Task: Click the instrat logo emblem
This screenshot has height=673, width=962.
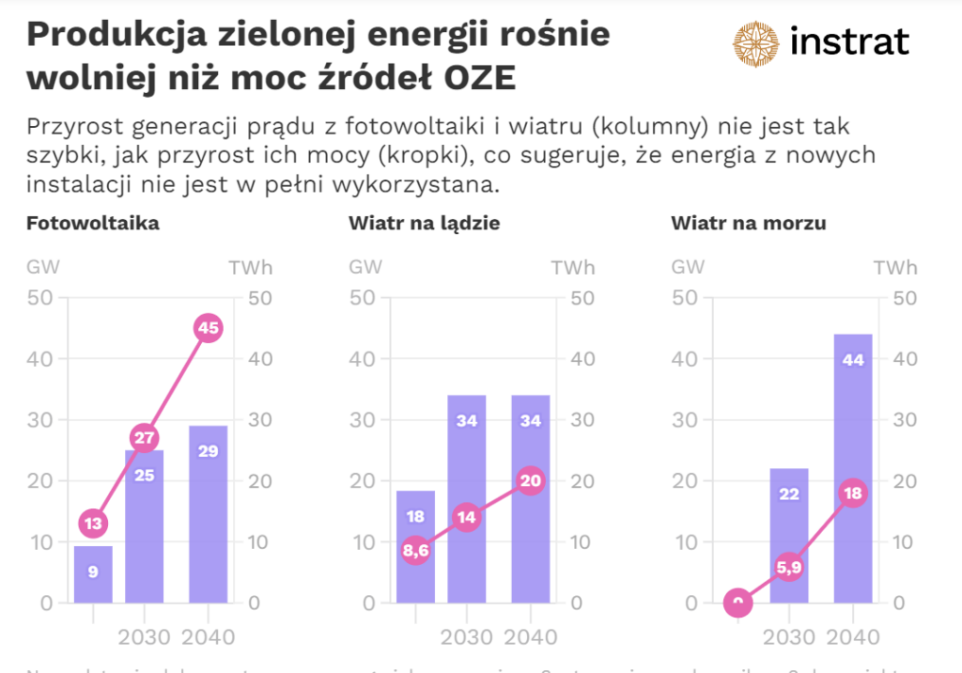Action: click(757, 43)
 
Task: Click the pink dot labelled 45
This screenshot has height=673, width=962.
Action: click(208, 328)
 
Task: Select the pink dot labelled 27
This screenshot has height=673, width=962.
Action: click(144, 438)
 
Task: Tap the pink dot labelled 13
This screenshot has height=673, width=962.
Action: click(93, 524)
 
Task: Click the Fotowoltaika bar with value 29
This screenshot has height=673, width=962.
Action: click(208, 514)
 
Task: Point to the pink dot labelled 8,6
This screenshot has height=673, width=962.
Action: click(415, 551)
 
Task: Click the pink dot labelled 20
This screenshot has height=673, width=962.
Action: click(530, 481)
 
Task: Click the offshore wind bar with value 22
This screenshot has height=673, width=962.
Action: click(789, 536)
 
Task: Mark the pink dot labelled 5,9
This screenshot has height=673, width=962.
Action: click(789, 567)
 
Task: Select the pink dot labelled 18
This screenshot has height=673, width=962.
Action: click(853, 493)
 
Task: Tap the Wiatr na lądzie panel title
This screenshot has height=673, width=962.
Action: click(424, 224)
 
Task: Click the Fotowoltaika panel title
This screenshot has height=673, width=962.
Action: click(92, 224)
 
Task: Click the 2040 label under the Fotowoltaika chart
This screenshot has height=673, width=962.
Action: click(208, 637)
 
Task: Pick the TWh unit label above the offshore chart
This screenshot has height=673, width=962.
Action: click(895, 267)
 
